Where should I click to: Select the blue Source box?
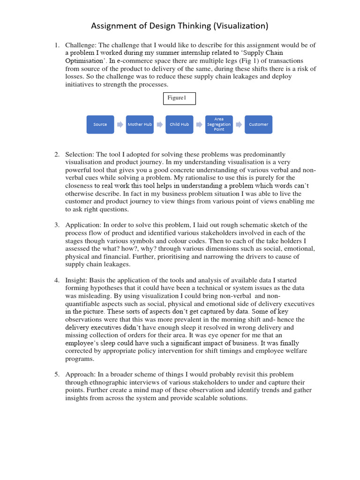pos(100,125)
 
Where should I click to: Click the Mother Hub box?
pos(140,125)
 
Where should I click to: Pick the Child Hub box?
pos(179,125)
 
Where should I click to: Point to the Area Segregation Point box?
pos(219,125)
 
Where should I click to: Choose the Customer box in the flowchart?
pos(258,125)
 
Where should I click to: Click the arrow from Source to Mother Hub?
pos(120,125)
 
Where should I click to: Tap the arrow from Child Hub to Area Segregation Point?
pos(199,125)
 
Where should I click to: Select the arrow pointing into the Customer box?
pos(239,125)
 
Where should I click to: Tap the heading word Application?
pos(82,225)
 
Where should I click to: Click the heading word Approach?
pos(80,375)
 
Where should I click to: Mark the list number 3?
pos(56,225)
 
